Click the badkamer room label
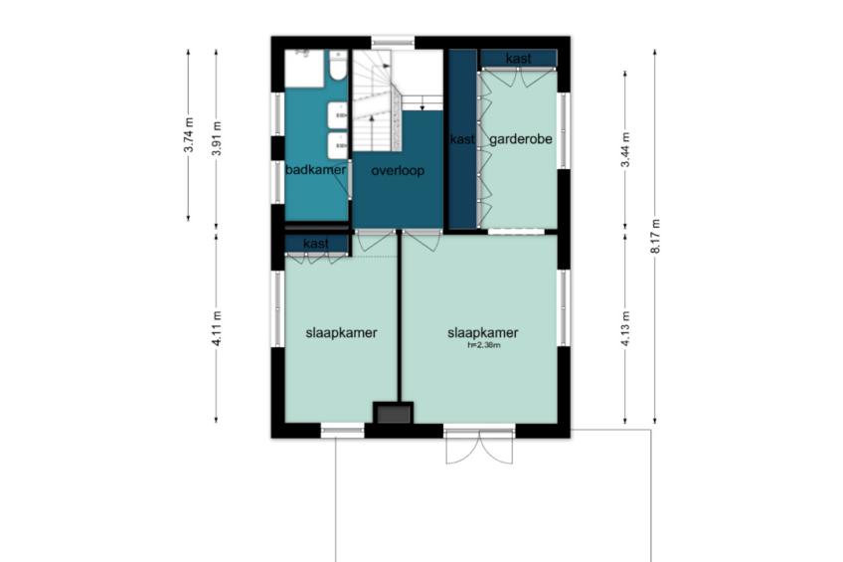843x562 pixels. pyautogui.click(x=315, y=170)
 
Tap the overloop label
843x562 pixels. pyautogui.click(x=398, y=170)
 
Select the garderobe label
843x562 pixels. pyautogui.click(x=521, y=139)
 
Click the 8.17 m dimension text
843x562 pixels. pyautogui.click(x=655, y=237)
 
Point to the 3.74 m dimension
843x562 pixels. pyautogui.click(x=188, y=135)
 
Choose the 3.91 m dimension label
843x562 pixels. pyautogui.click(x=216, y=138)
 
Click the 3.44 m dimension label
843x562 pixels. pyautogui.click(x=625, y=149)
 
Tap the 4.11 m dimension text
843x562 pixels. pyautogui.click(x=216, y=328)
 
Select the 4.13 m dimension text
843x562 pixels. pyautogui.click(x=625, y=328)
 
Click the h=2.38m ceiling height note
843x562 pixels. pyautogui.click(x=484, y=345)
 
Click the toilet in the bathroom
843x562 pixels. pyautogui.click(x=338, y=65)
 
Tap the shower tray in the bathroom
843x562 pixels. pyautogui.click(x=304, y=69)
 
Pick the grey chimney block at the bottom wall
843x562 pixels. pyautogui.click(x=394, y=414)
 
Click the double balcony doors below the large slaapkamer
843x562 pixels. pyautogui.click(x=479, y=448)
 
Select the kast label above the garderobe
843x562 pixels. pyautogui.click(x=518, y=59)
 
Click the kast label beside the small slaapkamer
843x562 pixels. pyautogui.click(x=316, y=244)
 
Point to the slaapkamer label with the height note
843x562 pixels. pyautogui.click(x=483, y=333)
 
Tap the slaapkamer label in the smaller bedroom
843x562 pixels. pyautogui.click(x=341, y=333)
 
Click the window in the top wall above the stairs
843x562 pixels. pyautogui.click(x=393, y=42)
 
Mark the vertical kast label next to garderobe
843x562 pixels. pyautogui.click(x=462, y=139)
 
